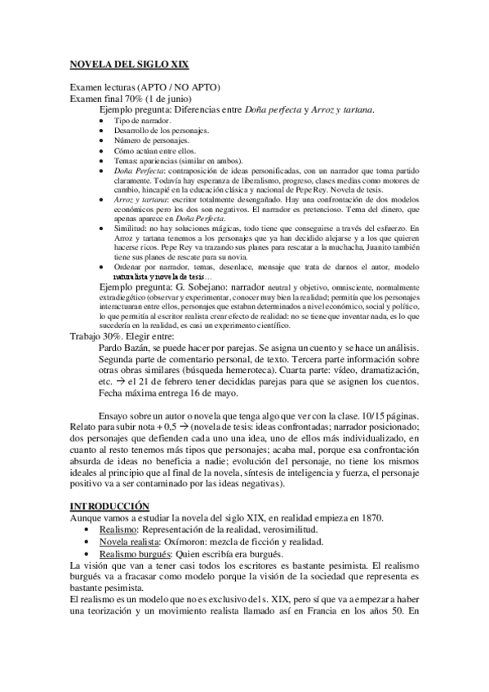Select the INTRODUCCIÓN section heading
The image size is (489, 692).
click(x=109, y=507)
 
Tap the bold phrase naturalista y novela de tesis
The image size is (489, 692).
click(x=165, y=276)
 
